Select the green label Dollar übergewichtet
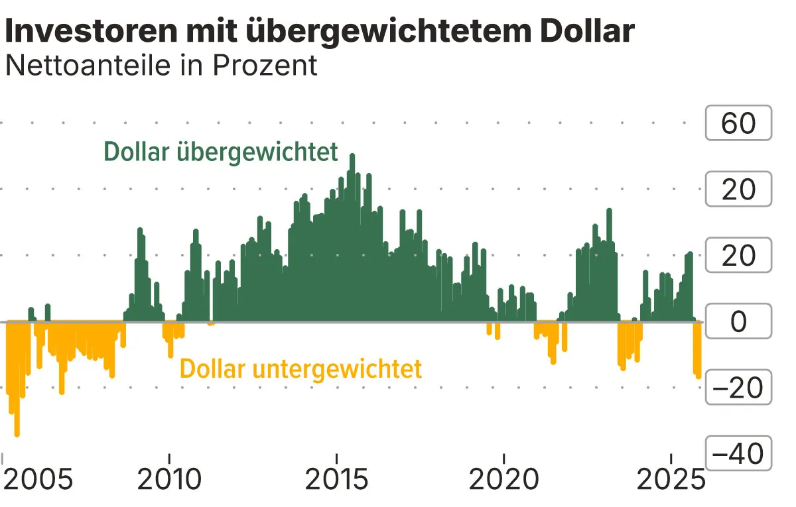point(221,152)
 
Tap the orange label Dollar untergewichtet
point(300,369)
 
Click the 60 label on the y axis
point(738,123)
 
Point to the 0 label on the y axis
point(738,322)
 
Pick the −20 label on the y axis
point(738,388)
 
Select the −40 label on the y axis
point(738,455)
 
